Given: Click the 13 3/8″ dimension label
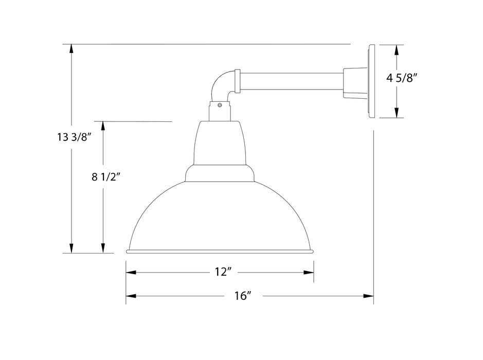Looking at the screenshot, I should [x=74, y=137].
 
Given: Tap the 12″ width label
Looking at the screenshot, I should [x=221, y=272].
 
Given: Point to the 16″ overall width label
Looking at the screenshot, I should [x=241, y=296].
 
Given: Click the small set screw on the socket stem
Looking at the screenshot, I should [x=220, y=106].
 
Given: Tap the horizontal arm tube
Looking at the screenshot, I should [x=291, y=81].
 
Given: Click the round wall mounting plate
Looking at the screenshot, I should [x=372, y=81].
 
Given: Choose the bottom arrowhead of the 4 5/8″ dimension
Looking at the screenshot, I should [x=396, y=113].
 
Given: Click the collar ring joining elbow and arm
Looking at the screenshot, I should [x=237, y=81].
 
